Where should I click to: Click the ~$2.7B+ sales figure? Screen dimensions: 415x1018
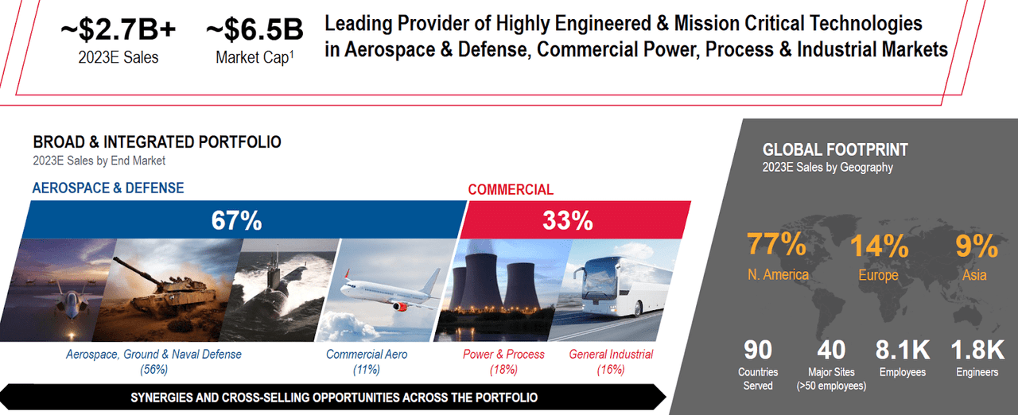click(x=119, y=30)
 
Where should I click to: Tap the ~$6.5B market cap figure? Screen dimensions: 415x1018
click(x=254, y=30)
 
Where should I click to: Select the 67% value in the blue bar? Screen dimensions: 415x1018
click(x=236, y=220)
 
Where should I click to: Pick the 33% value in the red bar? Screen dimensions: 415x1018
click(x=567, y=220)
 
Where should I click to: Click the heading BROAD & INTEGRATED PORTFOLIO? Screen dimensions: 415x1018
click(x=157, y=142)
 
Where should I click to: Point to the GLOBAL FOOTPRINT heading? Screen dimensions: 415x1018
click(x=835, y=149)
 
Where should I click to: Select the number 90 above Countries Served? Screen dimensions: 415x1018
click(x=757, y=350)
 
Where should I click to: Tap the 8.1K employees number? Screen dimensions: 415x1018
click(x=902, y=350)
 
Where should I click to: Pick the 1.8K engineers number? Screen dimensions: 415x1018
click(x=977, y=350)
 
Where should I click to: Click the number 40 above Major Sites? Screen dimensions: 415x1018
click(x=830, y=350)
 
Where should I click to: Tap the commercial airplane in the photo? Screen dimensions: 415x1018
click(x=390, y=294)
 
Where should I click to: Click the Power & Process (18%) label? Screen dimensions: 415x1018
click(x=504, y=362)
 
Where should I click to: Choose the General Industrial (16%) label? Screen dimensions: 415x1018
click(x=611, y=362)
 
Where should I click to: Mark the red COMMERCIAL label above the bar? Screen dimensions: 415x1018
click(x=511, y=190)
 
